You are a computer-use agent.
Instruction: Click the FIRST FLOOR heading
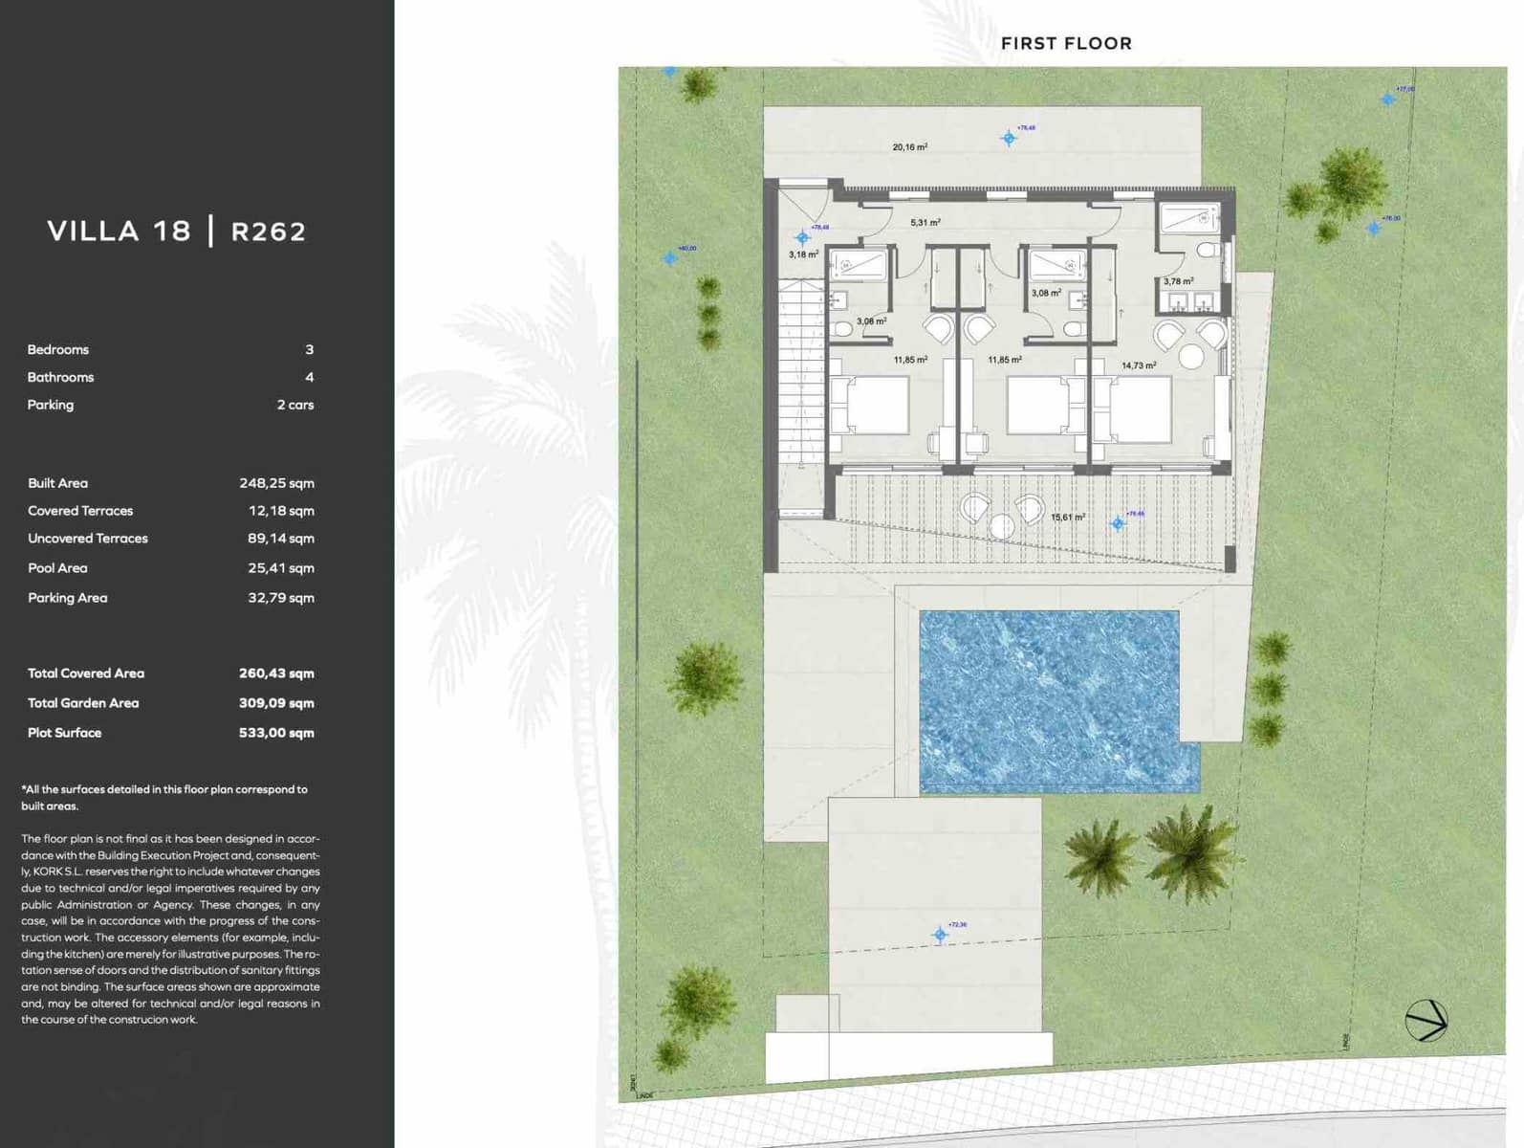pos(1066,43)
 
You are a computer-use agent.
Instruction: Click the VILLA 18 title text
pos(120,231)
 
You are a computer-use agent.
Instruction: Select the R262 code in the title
pos(269,232)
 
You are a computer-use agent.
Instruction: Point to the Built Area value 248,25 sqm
pos(276,483)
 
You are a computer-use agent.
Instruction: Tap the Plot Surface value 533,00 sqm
pos(276,733)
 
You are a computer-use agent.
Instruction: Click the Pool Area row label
pos(57,568)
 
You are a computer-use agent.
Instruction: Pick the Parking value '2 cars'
pos(295,405)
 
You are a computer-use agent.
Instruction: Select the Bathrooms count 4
pos(309,377)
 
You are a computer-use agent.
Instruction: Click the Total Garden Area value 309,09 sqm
pos(276,703)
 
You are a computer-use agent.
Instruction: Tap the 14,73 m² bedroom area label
pos(1138,365)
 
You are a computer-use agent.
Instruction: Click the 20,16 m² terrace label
pos(909,147)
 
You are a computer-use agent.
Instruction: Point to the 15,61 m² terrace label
pos(1067,518)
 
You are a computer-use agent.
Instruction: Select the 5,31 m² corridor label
pos(925,222)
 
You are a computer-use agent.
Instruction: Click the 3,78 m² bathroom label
pos(1178,281)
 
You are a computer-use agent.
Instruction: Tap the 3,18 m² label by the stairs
pos(803,254)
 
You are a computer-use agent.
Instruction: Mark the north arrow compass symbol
pos(1426,1021)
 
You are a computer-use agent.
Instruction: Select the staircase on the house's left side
pos(801,373)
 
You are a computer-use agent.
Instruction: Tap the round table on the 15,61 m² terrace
pos(1001,525)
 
